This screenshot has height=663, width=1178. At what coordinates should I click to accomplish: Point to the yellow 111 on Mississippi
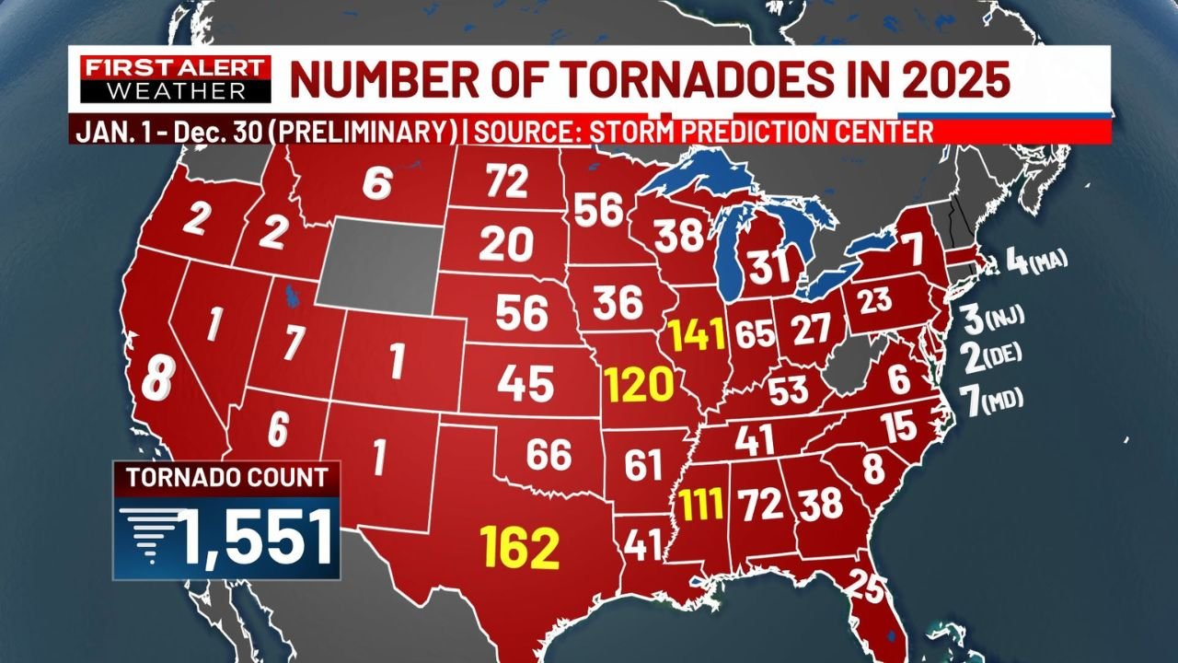point(700,504)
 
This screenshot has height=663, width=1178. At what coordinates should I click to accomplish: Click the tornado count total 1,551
point(255,539)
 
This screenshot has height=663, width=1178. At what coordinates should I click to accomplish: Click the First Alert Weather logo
point(175,79)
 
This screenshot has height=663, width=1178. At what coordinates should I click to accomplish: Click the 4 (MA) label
point(1035,262)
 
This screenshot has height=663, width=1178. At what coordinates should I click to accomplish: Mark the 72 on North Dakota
point(507,183)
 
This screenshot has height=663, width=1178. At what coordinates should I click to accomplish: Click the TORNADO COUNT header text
point(226,478)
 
